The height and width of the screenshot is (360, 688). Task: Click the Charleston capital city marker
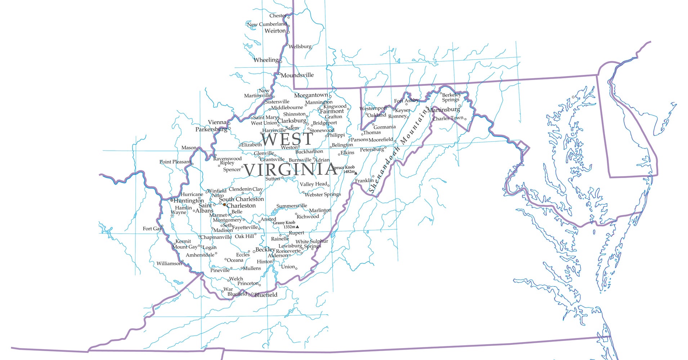[224, 205]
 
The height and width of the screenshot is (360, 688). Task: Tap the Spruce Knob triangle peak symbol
[356, 173]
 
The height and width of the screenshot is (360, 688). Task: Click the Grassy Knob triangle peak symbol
[297, 227]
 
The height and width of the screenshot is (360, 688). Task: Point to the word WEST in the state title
[287, 139]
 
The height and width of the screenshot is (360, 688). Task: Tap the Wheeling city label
[266, 60]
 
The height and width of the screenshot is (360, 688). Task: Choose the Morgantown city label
[311, 95]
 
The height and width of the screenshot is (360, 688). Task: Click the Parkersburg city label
[211, 129]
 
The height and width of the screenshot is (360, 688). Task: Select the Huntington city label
[189, 200]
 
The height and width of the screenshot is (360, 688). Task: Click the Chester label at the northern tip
[278, 15]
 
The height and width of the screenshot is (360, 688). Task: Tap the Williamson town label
[169, 263]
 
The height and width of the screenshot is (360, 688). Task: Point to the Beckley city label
[265, 249]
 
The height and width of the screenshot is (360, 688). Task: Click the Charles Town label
[448, 118]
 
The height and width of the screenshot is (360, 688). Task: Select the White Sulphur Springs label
[312, 244]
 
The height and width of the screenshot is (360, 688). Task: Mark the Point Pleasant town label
[175, 162]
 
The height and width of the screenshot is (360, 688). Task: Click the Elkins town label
[347, 152]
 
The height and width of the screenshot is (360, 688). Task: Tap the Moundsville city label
[297, 75]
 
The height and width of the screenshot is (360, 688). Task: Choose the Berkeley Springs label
[451, 97]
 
